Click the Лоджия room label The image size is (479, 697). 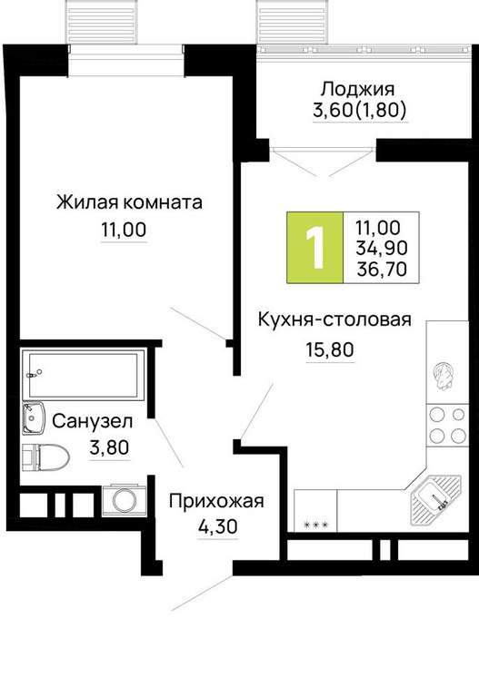pos(357,88)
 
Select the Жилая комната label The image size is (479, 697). pos(129,202)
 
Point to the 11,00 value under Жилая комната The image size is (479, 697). pos(124,231)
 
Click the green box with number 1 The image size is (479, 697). pos(314,248)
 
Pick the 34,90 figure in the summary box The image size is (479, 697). pos(381,248)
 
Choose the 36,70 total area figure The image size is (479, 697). pos(382,269)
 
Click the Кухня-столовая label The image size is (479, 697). pos(334,319)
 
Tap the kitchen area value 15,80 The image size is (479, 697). pos(330,349)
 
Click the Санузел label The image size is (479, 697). pos(92,421)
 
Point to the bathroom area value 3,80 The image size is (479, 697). pos(109,447)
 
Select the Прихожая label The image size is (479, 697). pos(216,501)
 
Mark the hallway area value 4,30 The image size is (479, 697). pos(218,527)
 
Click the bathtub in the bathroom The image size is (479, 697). pos(84,375)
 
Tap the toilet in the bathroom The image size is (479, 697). pos(45,457)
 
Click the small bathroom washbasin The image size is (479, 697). pos(34,417)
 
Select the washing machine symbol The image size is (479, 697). pos(125,500)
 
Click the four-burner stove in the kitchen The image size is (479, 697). pos(446,425)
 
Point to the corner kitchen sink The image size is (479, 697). pos(436,498)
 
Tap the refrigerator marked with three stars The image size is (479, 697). pos(315,511)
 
